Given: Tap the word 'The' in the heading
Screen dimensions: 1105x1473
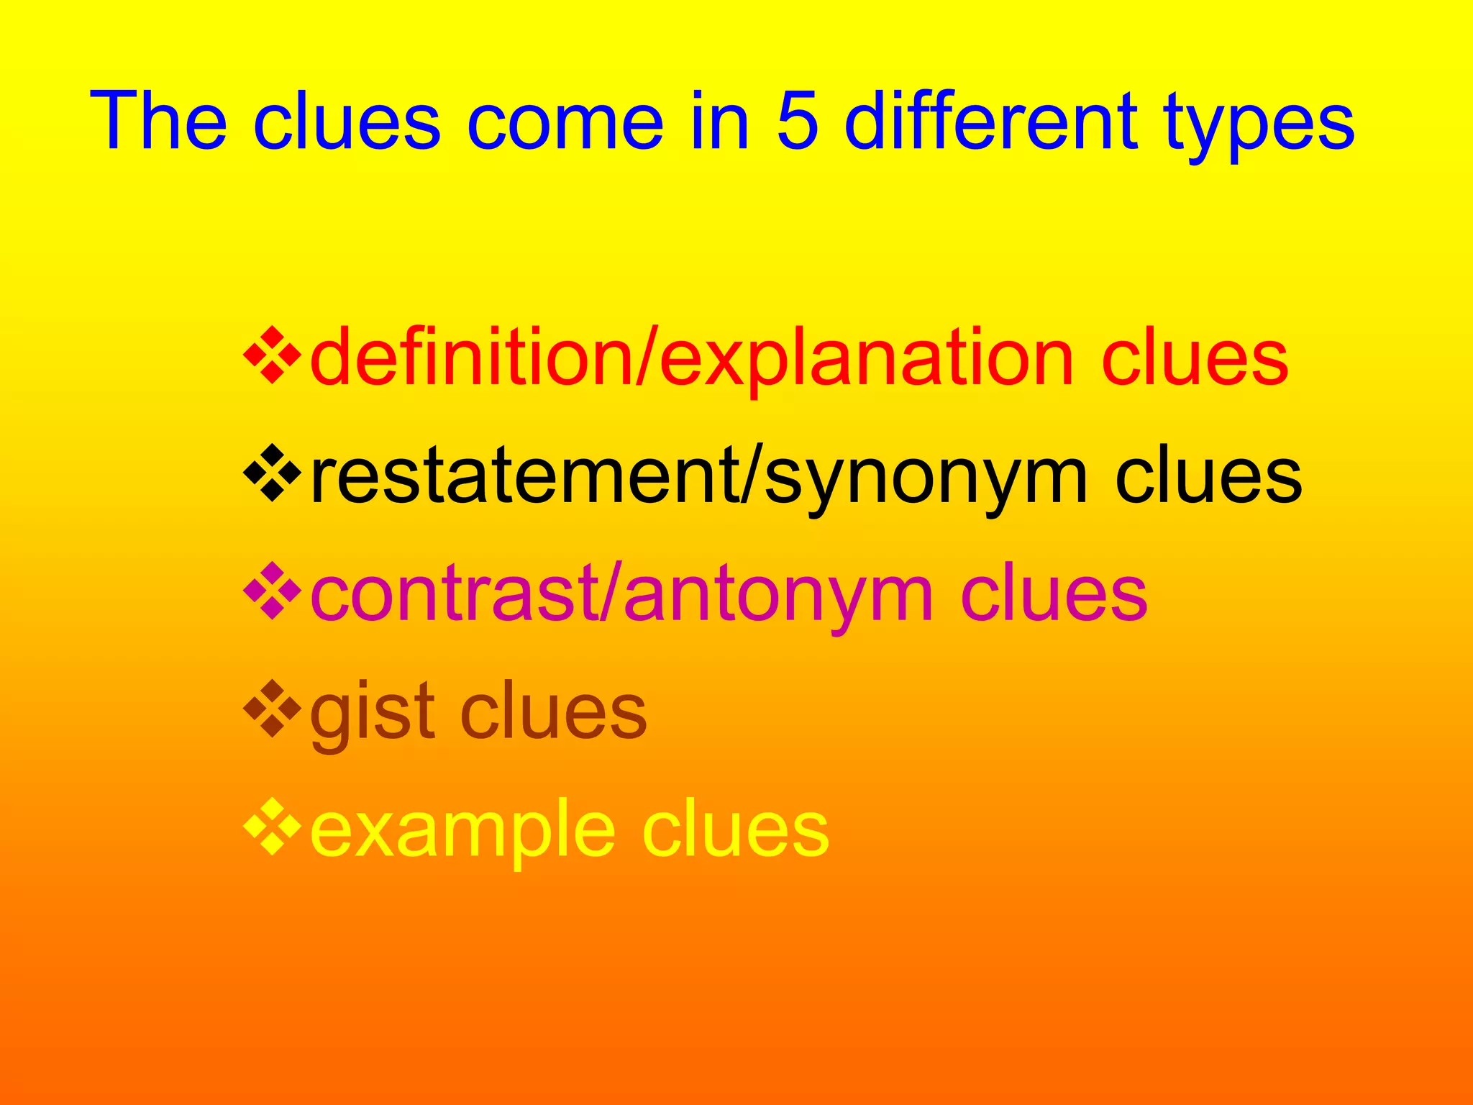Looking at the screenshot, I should tap(158, 121).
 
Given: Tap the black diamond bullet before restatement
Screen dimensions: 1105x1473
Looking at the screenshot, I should tap(272, 473).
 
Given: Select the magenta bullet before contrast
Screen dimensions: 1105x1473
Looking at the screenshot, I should tap(272, 591).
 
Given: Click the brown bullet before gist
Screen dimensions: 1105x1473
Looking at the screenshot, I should tap(272, 709).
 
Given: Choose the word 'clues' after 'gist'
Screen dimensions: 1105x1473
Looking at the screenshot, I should tap(552, 712).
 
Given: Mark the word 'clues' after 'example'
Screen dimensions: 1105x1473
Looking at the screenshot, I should tap(735, 830).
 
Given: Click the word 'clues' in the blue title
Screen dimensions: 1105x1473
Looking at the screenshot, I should tap(346, 121).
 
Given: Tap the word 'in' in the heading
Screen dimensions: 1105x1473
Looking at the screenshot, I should tap(720, 121).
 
